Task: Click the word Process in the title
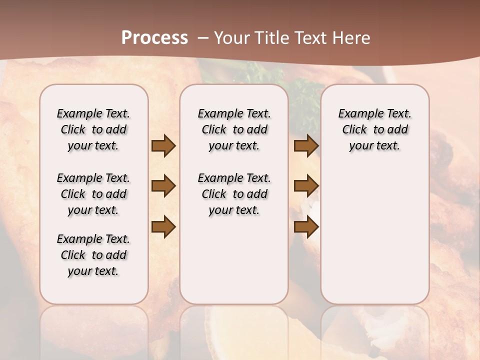pos(154,37)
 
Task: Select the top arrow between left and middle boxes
pos(163,145)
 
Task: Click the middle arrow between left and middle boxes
pos(163,186)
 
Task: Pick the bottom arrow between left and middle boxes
pos(163,226)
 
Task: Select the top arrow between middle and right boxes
pos(306,145)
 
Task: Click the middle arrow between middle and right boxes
pos(306,186)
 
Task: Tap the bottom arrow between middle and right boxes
pos(306,226)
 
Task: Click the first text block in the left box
pos(93,129)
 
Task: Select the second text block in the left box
pos(93,194)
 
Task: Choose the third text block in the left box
pos(93,255)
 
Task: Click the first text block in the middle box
pos(234,129)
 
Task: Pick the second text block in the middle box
pos(234,194)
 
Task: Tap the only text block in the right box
pos(375,129)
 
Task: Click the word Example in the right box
pos(358,114)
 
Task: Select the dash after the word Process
pos(203,37)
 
